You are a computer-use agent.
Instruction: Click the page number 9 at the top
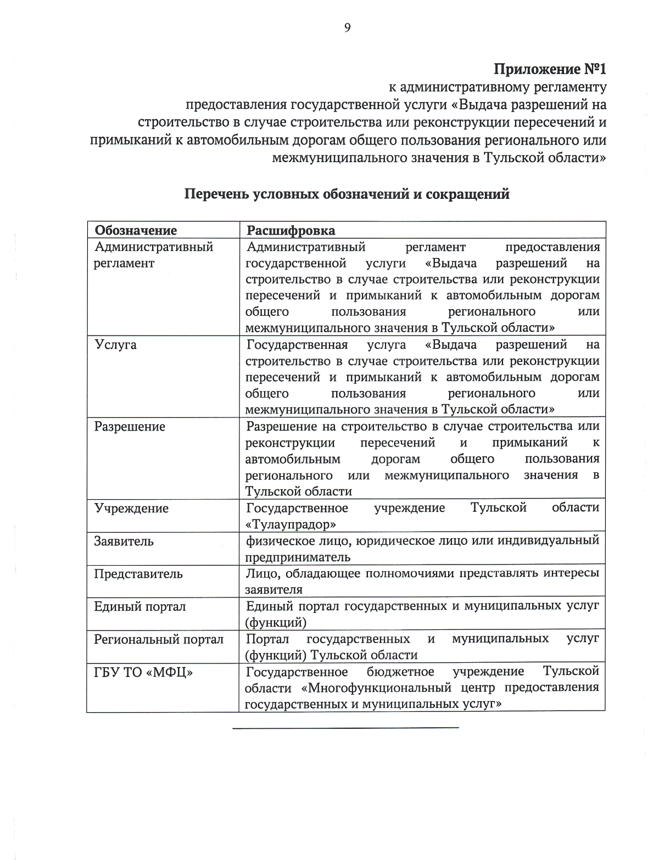[347, 28]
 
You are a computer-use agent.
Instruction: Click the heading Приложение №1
[550, 70]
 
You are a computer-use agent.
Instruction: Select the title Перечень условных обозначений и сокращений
[347, 194]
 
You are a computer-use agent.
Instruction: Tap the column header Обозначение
[136, 230]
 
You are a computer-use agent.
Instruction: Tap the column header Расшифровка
[291, 230]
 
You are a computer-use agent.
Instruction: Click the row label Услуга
[115, 345]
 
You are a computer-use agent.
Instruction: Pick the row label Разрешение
[130, 427]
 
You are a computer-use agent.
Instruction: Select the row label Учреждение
[131, 509]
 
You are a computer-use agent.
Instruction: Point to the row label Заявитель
[124, 541]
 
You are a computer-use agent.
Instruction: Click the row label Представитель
[138, 574]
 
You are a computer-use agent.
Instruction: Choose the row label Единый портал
[140, 607]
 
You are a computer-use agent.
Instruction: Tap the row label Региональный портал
[159, 640]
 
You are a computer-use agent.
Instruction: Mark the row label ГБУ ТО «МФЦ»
[143, 672]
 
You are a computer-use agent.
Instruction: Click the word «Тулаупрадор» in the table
[291, 524]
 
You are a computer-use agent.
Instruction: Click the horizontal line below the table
[345, 728]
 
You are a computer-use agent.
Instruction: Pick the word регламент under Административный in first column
[124, 263]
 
